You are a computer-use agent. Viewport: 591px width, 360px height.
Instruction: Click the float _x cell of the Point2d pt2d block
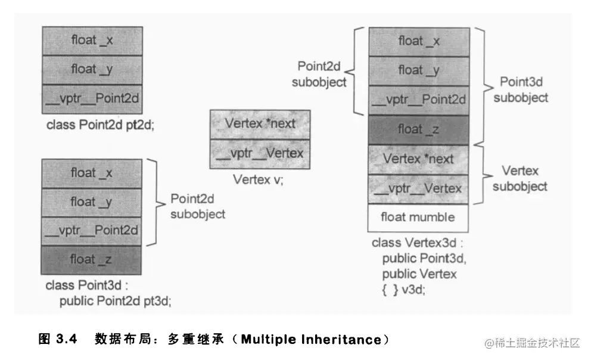[x=92, y=41]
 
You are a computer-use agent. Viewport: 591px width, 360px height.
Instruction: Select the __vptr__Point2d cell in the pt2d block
[x=92, y=98]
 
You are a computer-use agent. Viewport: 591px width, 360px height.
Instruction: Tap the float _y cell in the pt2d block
[x=92, y=70]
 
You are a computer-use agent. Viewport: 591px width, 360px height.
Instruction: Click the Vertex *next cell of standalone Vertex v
[x=260, y=124]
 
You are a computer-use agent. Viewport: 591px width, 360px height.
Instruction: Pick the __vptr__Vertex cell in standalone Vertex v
[x=260, y=153]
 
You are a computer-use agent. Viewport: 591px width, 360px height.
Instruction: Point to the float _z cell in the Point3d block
[x=92, y=259]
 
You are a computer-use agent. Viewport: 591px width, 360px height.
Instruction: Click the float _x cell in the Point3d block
[x=92, y=173]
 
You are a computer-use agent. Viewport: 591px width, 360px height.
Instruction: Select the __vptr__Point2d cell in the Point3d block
[x=92, y=230]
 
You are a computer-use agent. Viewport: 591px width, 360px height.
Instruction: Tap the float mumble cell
[x=418, y=218]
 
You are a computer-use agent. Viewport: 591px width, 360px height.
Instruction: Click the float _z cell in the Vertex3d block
[x=418, y=129]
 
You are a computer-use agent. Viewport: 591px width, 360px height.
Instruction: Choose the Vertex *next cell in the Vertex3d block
[x=418, y=159]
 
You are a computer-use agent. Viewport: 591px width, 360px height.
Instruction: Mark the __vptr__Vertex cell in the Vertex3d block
[x=418, y=188]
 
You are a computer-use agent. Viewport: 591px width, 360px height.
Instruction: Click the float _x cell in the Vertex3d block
[x=418, y=41]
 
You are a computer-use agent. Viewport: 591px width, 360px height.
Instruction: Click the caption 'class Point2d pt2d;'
[x=100, y=126]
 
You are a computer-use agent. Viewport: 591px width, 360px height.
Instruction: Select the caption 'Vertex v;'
[x=257, y=179]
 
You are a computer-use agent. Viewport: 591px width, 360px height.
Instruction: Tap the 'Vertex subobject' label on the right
[x=520, y=179]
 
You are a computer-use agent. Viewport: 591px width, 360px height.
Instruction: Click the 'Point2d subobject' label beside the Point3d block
[x=197, y=206]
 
